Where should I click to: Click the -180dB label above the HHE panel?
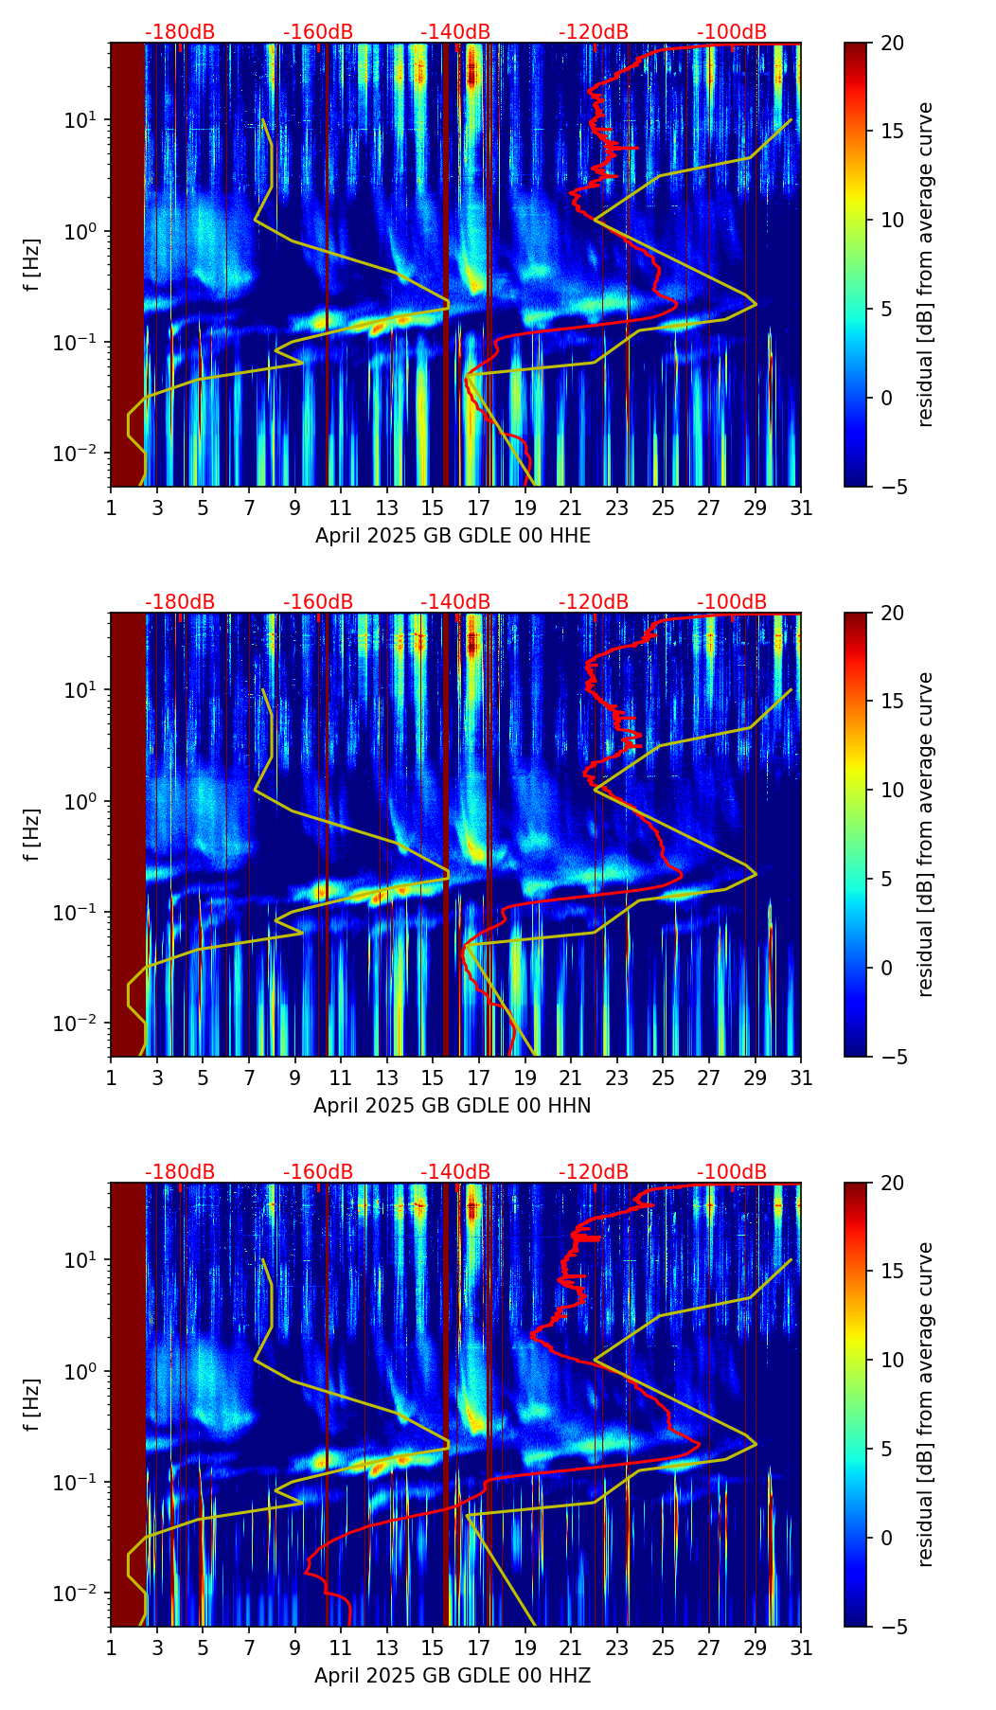pos(180,32)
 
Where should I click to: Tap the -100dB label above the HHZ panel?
pos(732,1172)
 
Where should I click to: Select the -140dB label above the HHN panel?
pos(455,602)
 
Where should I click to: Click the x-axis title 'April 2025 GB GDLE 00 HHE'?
pos(453,536)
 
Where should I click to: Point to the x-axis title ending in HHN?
pos(453,1106)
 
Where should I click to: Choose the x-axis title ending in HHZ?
pos(453,1676)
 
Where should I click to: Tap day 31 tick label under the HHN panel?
pos(801,1078)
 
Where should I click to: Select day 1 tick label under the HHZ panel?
pos(112,1648)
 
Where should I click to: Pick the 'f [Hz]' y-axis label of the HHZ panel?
pos(32,1404)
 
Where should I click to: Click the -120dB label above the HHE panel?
pos(594,32)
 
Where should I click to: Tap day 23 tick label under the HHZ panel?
pos(617,1648)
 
